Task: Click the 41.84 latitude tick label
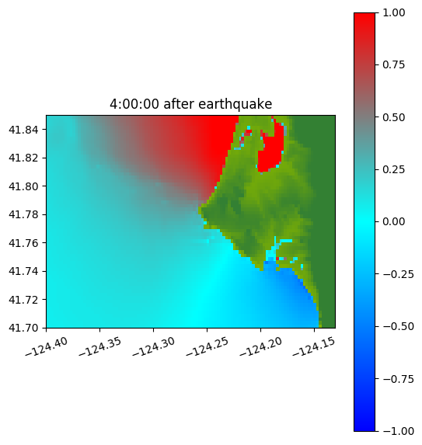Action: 23,130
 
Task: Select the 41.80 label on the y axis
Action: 23,186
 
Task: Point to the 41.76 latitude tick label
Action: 23,243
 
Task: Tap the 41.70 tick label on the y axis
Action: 23,328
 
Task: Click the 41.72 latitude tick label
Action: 23,300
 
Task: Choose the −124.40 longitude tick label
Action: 47,346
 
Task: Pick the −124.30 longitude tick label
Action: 153,346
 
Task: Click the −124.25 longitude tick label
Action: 207,346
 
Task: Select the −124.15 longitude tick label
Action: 314,346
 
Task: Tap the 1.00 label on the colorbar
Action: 393,12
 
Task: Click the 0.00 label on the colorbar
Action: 393,221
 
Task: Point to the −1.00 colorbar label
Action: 398,431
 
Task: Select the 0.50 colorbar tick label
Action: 393,117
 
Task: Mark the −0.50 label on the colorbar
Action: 398,326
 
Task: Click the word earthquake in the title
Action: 235,104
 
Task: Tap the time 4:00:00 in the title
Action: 134,104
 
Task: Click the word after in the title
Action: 178,104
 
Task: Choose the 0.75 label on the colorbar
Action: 393,64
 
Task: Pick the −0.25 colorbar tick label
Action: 398,274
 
